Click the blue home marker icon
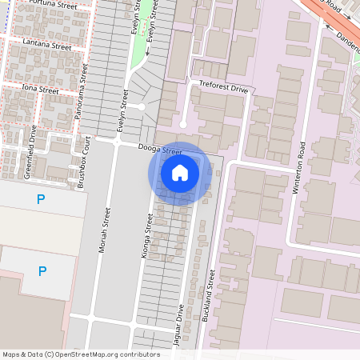click(180, 173)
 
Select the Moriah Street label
click(103, 228)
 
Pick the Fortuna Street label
click(51, 6)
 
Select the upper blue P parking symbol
click(41, 198)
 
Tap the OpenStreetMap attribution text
click(81, 354)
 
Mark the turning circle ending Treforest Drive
click(183, 124)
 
